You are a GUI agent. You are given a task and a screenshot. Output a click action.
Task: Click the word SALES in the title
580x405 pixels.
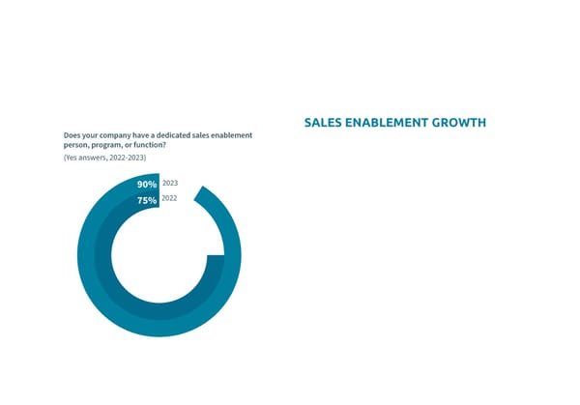pos(323,123)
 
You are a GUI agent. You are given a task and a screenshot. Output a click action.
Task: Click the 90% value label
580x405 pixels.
pos(147,184)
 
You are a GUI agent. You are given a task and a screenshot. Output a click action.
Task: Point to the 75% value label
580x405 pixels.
pos(147,200)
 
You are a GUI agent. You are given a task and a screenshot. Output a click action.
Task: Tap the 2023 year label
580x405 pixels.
pos(170,183)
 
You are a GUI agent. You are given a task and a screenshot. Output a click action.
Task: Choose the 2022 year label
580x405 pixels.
pos(170,198)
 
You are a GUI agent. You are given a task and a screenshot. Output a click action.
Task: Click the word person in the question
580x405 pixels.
pos(74,144)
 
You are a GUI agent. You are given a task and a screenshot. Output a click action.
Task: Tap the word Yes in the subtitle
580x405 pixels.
pos(72,157)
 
